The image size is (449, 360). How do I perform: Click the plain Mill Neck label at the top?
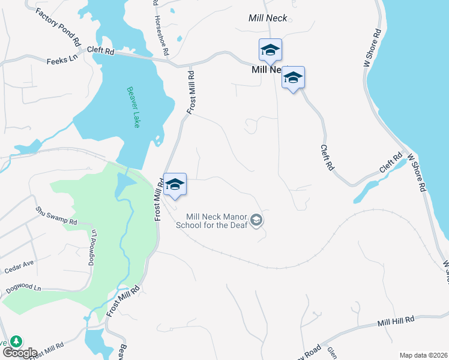(x=268, y=18)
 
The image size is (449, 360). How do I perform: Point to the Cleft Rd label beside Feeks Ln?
(x=100, y=52)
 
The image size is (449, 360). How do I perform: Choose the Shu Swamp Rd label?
(x=56, y=216)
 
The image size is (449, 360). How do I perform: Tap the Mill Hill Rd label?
(x=396, y=322)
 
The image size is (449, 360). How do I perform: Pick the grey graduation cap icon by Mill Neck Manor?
(x=257, y=221)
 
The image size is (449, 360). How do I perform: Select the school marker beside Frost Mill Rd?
(x=175, y=184)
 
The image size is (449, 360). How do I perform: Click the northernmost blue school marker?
(x=270, y=50)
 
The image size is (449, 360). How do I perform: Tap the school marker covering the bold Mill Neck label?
(x=293, y=78)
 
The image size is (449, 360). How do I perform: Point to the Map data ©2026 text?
(x=423, y=355)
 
